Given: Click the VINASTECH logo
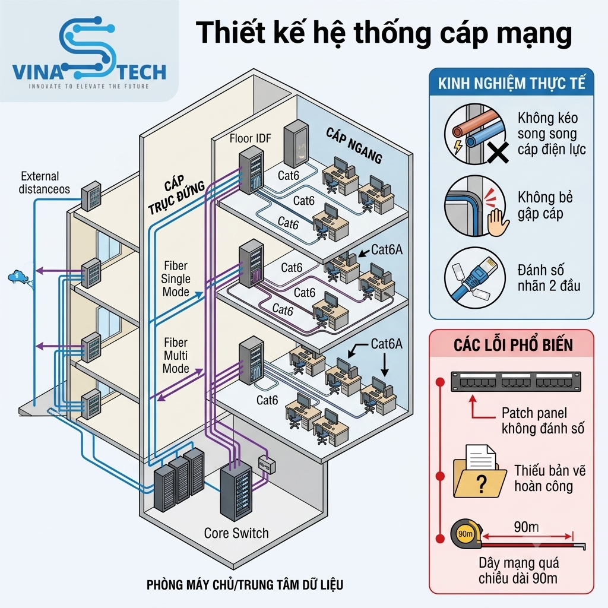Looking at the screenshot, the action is click(x=89, y=53).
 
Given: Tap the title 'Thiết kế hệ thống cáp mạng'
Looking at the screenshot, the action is click(x=384, y=33).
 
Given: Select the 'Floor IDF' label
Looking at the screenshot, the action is click(x=250, y=138).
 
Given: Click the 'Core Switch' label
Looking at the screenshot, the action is click(x=236, y=533).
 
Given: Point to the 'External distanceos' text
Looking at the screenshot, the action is click(x=44, y=183).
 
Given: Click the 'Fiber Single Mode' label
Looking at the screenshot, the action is click(x=176, y=279).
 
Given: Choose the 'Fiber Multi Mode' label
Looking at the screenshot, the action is click(x=176, y=356).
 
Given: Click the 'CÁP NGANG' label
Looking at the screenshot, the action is click(x=354, y=145).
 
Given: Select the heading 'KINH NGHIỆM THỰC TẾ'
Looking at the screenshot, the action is click(x=511, y=83).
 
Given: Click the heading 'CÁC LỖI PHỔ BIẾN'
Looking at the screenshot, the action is click(x=513, y=345).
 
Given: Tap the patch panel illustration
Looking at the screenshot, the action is click(x=516, y=382).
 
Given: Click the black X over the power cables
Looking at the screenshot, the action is click(x=498, y=153).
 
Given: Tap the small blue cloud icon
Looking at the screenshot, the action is click(x=17, y=277).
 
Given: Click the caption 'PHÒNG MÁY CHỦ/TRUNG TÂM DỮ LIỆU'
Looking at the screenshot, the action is click(x=245, y=585).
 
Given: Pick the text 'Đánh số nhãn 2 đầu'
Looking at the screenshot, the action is click(x=549, y=278).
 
